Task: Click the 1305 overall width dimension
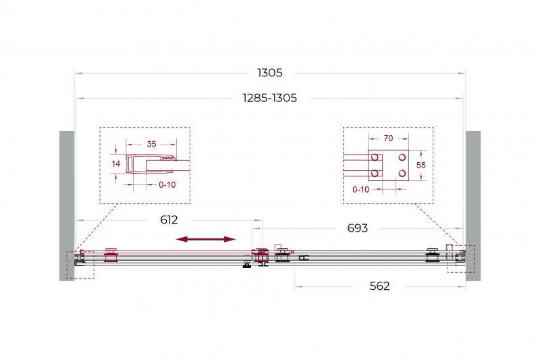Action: pos(269,73)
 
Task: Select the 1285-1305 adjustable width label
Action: pos(269,98)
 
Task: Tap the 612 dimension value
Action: pos(169,220)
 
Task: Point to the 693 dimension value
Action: pos(358,228)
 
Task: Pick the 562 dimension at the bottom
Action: pos(379,286)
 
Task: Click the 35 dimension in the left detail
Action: pos(151,144)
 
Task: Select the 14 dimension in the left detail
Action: pos(115,163)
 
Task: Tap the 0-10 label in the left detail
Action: pos(167,185)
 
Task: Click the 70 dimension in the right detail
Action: pos(388,138)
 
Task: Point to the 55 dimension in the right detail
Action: pos(421,165)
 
